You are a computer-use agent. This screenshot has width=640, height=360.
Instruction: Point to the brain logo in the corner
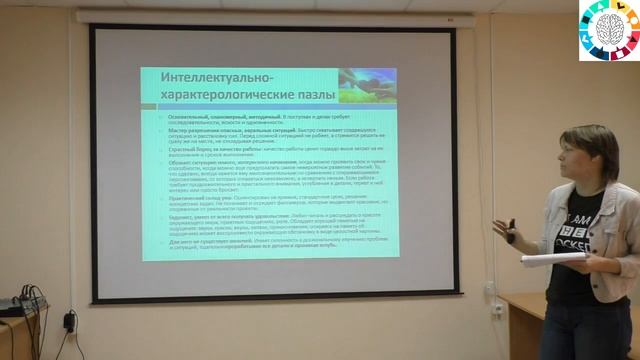coord(609,30)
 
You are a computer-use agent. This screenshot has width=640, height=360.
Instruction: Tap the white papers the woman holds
coord(551,258)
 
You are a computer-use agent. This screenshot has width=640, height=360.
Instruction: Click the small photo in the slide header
coord(365,78)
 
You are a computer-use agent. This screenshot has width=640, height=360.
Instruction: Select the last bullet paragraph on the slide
coord(270,244)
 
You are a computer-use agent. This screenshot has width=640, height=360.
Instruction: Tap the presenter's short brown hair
coord(592,140)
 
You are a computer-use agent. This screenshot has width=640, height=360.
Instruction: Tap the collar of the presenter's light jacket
coord(604,190)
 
